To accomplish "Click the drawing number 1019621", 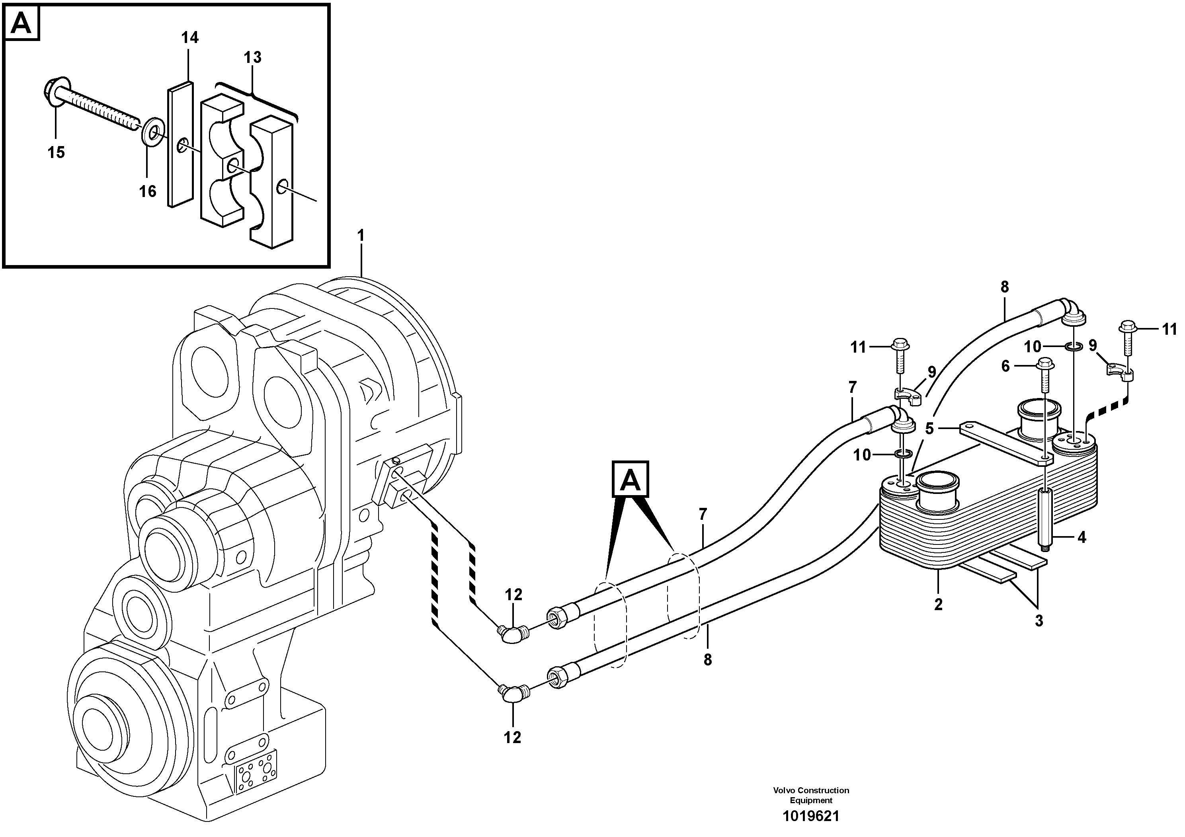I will pos(811,816).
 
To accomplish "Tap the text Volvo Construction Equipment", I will pos(811,796).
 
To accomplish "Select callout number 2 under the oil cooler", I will pos(938,604).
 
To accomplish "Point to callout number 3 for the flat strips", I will pos(1039,621).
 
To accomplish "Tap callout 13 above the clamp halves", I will pos(253,58).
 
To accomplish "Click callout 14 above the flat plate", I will pos(189,38).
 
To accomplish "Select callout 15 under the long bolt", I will pos(56,152).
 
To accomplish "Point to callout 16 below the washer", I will pos(148,191).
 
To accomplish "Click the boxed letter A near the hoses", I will pos(630,480).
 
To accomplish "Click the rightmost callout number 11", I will pos(1169,329).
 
